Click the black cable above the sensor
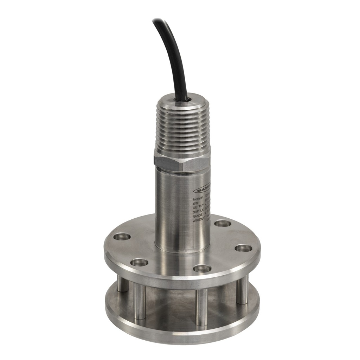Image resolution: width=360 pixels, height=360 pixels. (x=172, y=53)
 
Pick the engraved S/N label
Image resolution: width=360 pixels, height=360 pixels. (x=196, y=203)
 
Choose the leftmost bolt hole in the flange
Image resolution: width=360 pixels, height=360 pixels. (x=122, y=237)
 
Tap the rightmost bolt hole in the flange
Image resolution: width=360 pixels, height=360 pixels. (x=243, y=248)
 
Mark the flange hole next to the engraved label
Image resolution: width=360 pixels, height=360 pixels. (x=223, y=223)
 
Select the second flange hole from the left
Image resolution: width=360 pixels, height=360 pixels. (x=139, y=262)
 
